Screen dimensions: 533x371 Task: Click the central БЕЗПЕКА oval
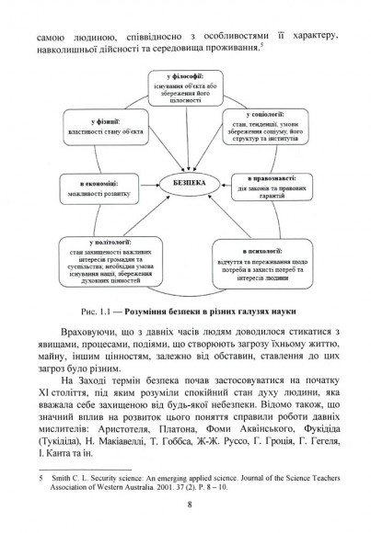186,182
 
